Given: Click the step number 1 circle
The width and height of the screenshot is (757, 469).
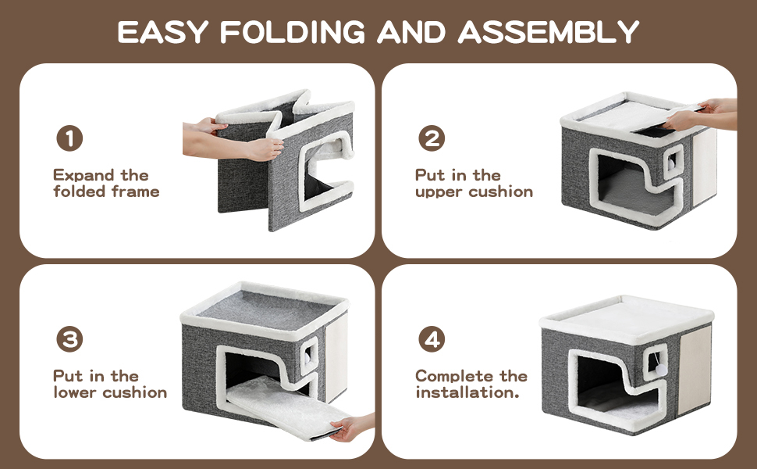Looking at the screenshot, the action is [x=69, y=138].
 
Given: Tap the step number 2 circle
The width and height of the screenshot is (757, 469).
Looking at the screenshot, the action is [x=432, y=138].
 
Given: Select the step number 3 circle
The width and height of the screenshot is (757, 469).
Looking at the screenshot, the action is [x=69, y=339].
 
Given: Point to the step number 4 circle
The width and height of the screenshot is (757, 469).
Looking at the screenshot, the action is [x=432, y=339].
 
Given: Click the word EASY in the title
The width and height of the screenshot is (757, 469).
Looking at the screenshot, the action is [x=162, y=32].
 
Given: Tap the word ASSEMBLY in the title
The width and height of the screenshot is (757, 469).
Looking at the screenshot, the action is [x=549, y=32].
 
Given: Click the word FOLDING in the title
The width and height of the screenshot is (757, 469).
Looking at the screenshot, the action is [x=293, y=32].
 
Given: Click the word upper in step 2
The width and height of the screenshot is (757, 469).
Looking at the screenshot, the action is [x=439, y=192].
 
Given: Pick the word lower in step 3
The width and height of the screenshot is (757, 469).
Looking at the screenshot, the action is [x=76, y=392].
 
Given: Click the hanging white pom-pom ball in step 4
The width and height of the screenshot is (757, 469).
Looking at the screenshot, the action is [x=660, y=370].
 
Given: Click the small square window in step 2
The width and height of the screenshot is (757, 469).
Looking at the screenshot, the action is [x=673, y=160].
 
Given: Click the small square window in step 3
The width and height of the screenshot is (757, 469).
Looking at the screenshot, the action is [x=309, y=356].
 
